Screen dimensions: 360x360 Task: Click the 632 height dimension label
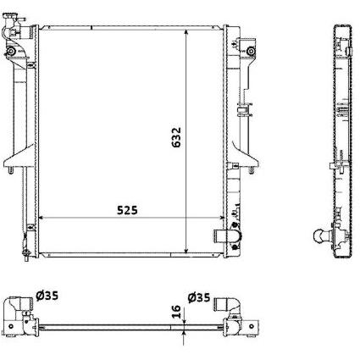[x=176, y=137]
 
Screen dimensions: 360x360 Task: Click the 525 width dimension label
[x=127, y=210]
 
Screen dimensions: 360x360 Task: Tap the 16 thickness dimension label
[x=176, y=312]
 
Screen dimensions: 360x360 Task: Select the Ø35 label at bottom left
[x=47, y=296]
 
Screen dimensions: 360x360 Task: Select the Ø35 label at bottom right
[x=199, y=297]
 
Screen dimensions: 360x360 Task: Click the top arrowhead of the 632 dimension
[x=186, y=32]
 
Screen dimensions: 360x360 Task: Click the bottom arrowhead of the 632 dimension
[x=186, y=251]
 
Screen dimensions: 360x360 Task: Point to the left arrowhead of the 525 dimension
[x=41, y=218]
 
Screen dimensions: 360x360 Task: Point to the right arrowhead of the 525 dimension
[x=222, y=218]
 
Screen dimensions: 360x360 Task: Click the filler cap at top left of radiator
[x=12, y=18]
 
